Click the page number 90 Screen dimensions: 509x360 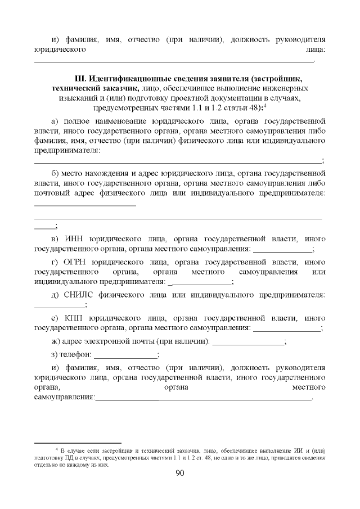180,473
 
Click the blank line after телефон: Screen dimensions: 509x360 125,355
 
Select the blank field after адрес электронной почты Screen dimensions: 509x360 249,342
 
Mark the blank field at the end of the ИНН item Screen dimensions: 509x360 282,249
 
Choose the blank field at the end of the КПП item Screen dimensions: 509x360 286,328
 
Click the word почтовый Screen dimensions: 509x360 52,193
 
